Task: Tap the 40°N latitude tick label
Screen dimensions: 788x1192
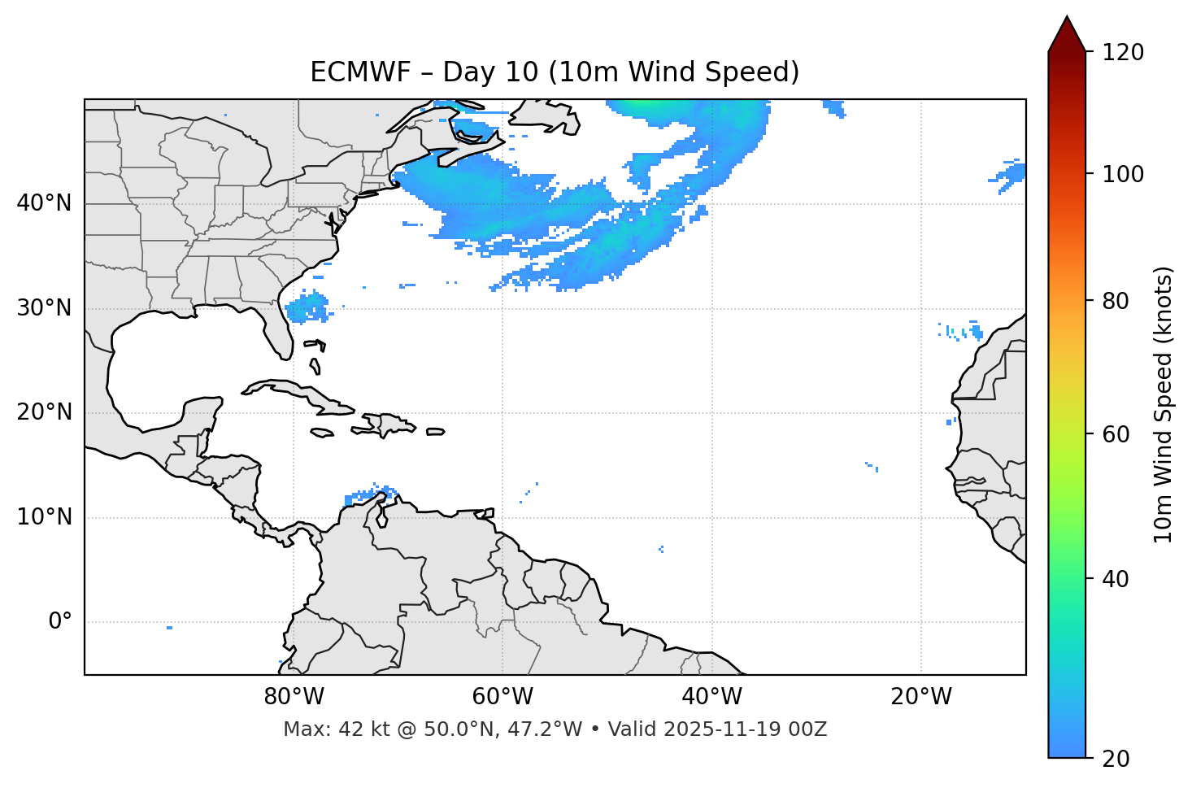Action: (x=44, y=203)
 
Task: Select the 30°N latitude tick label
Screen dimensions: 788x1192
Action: (x=44, y=308)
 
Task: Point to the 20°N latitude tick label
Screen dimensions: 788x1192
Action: (x=44, y=412)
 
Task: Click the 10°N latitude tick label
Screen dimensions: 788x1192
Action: (x=44, y=517)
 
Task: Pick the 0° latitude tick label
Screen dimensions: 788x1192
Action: (x=60, y=622)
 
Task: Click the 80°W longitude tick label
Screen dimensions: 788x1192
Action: (x=294, y=697)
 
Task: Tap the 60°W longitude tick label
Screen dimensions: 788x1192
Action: (x=502, y=697)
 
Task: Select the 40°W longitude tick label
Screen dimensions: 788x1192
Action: (x=711, y=697)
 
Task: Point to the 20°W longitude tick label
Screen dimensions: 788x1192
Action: (x=920, y=697)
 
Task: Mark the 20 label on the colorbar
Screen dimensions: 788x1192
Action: (x=1116, y=759)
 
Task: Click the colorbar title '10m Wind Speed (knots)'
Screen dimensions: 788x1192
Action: (x=1164, y=404)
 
